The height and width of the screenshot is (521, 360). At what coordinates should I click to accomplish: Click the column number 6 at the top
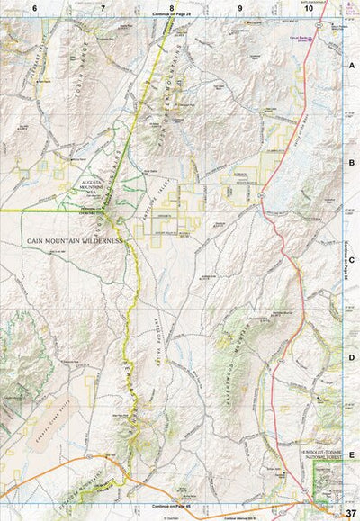(34, 7)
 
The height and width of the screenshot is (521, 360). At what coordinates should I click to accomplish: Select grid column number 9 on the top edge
(240, 7)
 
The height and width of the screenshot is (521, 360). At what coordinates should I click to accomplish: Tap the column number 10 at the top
(308, 7)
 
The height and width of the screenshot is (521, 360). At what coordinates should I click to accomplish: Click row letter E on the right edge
(352, 455)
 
